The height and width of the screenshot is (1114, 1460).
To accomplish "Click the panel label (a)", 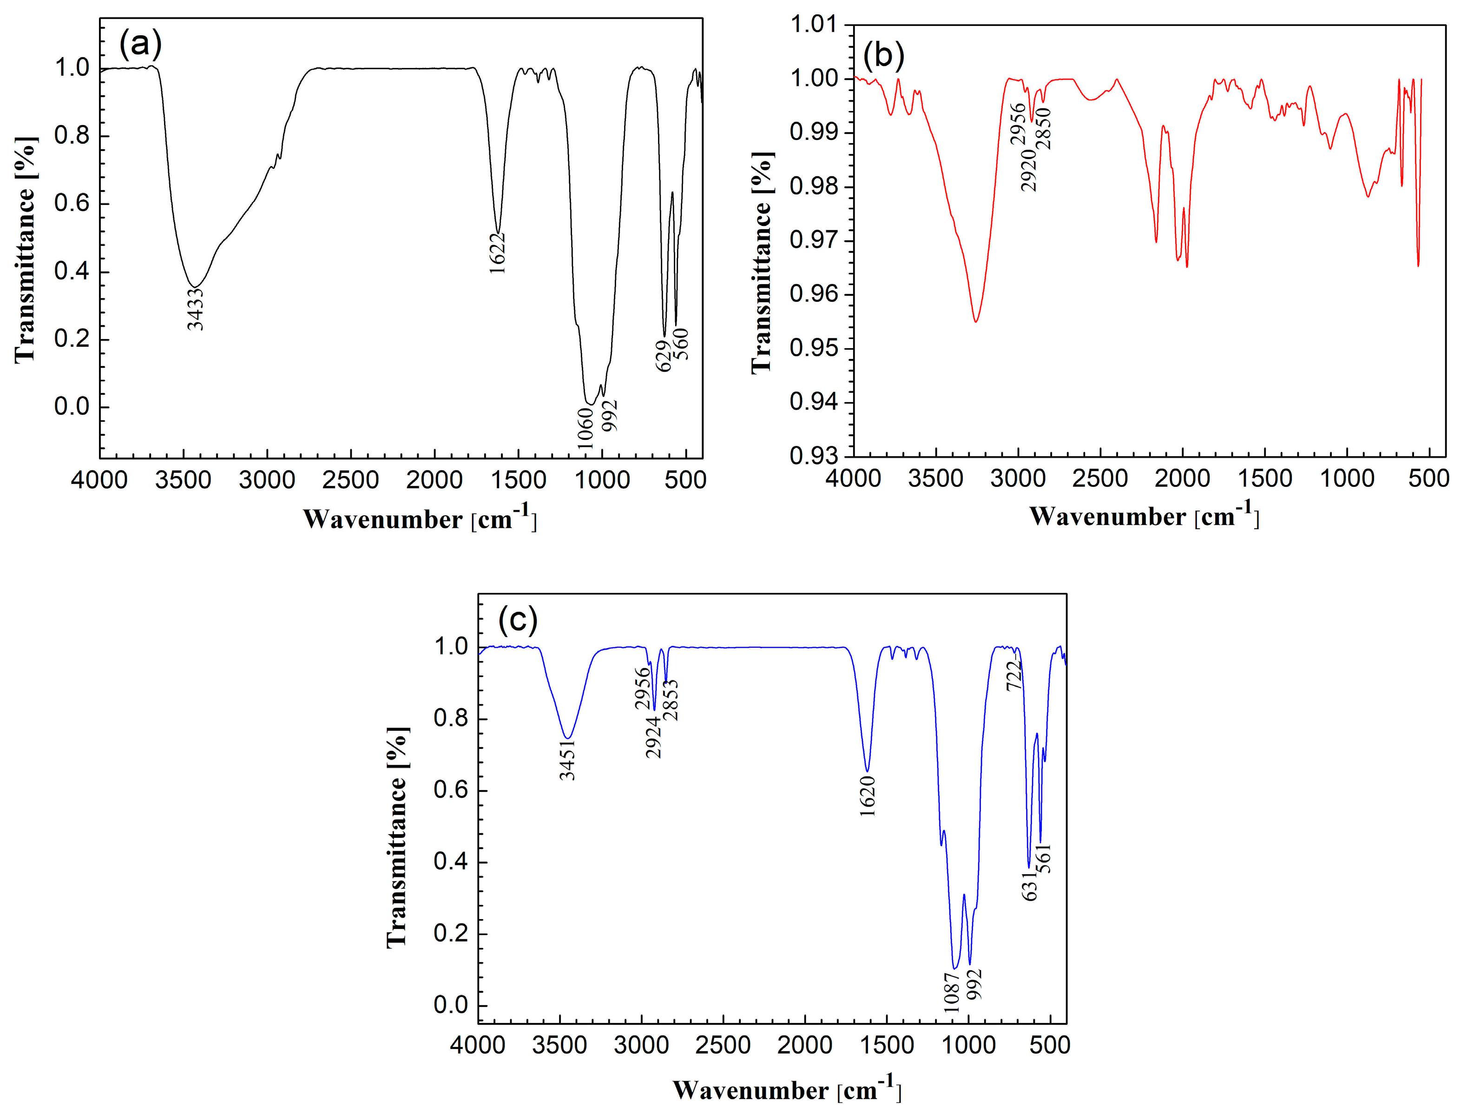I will [x=140, y=45].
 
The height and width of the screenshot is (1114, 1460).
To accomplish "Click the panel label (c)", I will [x=518, y=619].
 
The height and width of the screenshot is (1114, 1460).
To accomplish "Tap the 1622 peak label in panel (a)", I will [x=497, y=253].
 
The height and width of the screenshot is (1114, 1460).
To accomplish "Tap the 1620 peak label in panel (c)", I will [x=868, y=796].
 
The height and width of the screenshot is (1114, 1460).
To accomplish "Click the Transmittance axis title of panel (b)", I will [x=762, y=263].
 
